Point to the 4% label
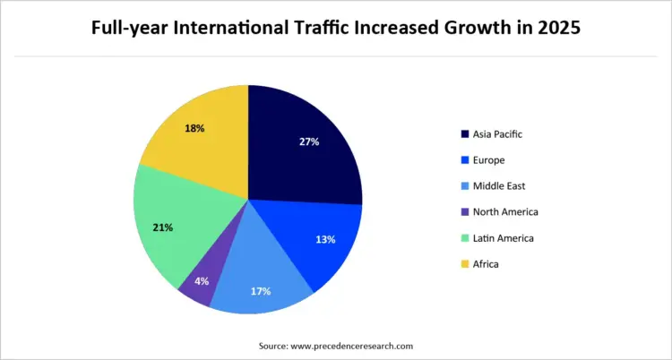click(202, 280)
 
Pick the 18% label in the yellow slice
click(195, 128)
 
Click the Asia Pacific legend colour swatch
click(465, 134)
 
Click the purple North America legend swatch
click(465, 212)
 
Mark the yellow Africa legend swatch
click(465, 264)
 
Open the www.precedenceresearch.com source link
click(352, 345)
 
